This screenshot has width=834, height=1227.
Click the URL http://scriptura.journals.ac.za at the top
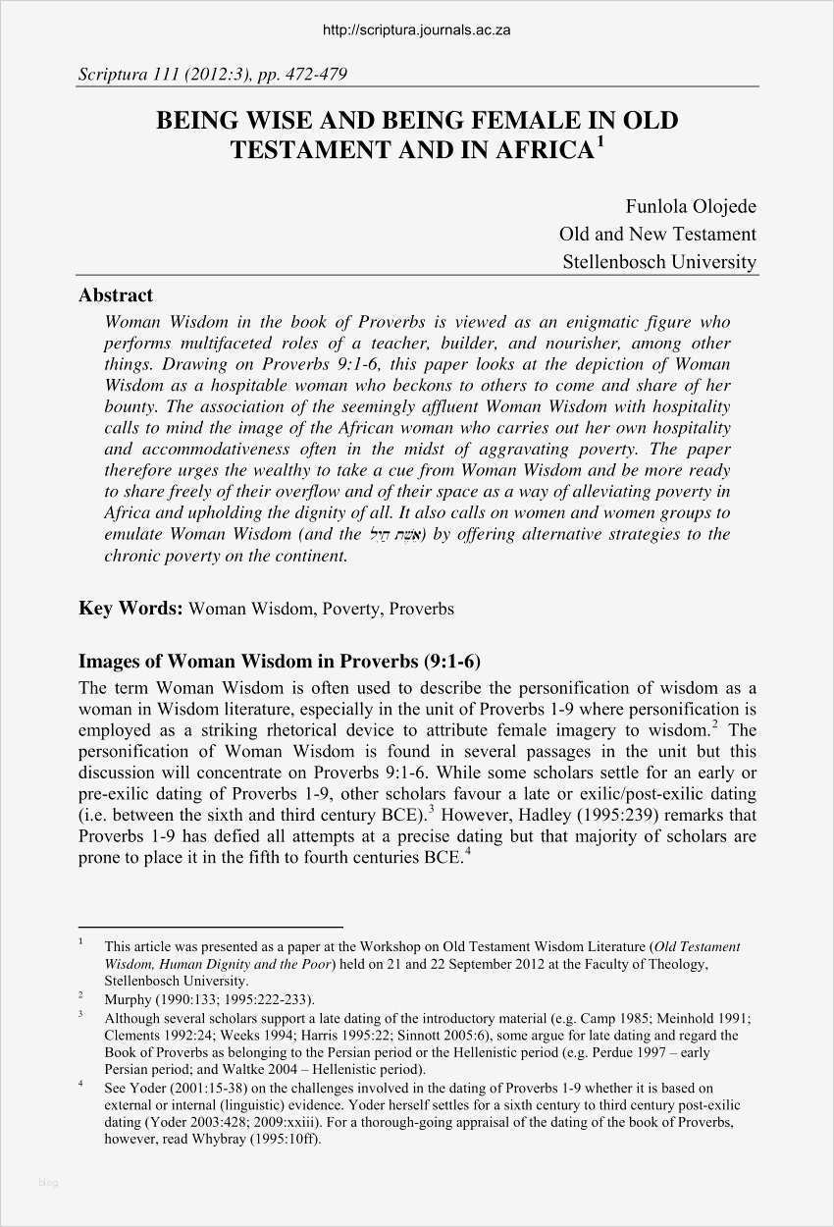(x=416, y=30)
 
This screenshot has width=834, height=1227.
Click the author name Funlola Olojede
(x=691, y=206)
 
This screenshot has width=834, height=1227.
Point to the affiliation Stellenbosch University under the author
(x=658, y=262)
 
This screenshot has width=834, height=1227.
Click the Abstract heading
(x=116, y=295)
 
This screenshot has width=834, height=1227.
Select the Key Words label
(x=130, y=609)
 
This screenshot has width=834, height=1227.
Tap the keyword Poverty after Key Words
(x=350, y=609)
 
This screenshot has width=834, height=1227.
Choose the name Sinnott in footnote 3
(x=447, y=1035)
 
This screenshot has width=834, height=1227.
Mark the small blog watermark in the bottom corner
(x=48, y=1183)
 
